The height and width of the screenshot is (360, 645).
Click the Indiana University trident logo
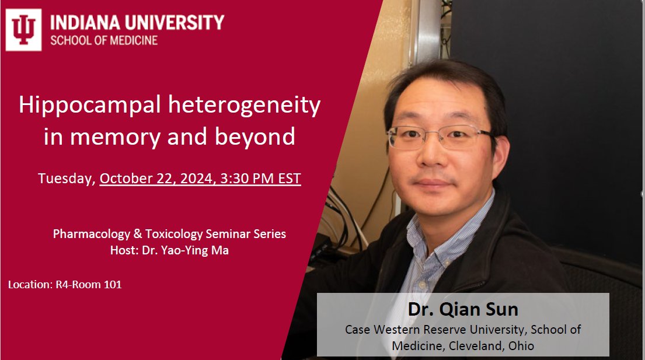[23, 29]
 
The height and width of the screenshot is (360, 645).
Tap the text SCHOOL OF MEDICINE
[104, 41]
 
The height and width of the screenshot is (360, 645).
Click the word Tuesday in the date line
[66, 179]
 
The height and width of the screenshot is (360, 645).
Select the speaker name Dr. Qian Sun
[463, 310]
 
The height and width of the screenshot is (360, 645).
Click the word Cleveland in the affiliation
[472, 345]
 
